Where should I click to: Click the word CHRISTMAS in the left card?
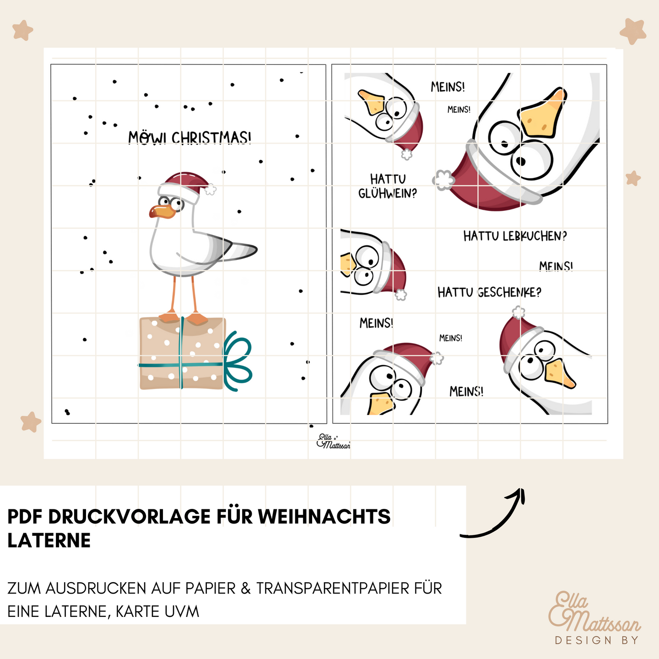coord(211,138)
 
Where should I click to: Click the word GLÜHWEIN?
coord(388,194)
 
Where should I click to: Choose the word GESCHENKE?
coord(509,292)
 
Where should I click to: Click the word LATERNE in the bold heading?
coord(49,540)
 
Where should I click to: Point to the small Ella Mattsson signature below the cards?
coord(333,441)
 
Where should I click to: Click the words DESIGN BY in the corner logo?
coord(597,640)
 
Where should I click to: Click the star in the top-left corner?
coord(22,30)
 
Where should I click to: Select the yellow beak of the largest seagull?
coord(542,114)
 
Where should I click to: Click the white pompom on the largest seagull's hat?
coord(443,180)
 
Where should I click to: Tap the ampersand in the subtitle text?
coord(246,588)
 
